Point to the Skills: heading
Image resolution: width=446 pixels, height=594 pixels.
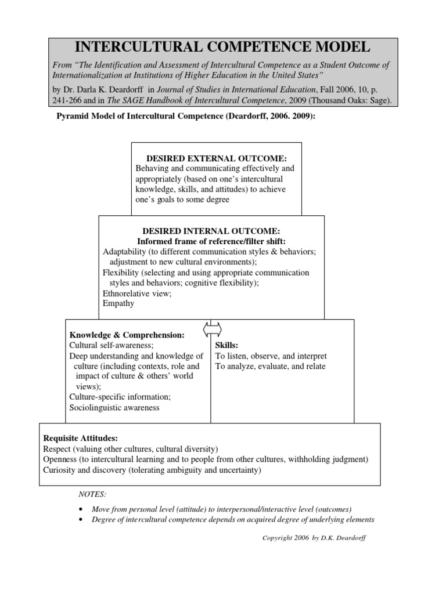[227, 345]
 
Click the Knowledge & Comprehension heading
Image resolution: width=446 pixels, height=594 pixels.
[127, 335]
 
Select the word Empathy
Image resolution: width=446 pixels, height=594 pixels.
[118, 303]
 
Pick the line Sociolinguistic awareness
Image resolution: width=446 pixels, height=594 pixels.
[114, 407]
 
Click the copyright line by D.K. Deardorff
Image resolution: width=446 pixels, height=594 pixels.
[314, 538]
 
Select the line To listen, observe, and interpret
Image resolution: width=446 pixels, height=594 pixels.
[271, 356]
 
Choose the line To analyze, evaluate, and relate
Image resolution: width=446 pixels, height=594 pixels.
[270, 366]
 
